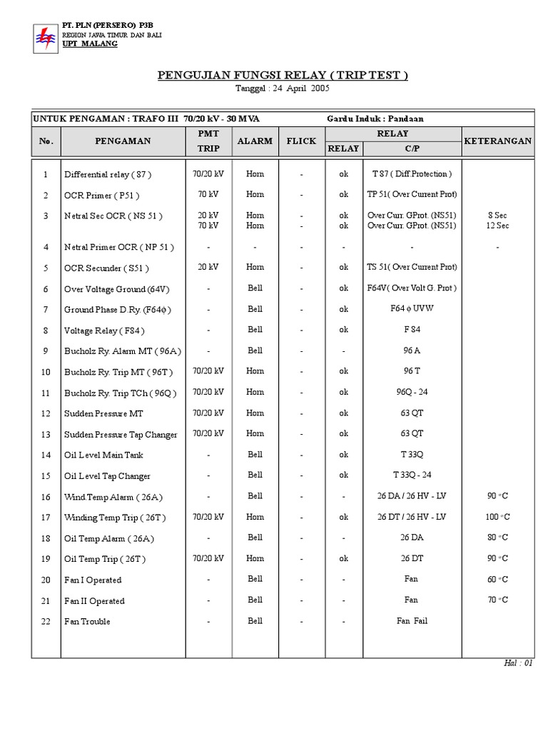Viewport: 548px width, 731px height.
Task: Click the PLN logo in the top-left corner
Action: pyautogui.click(x=45, y=39)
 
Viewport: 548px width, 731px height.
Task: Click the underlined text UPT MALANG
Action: pyautogui.click(x=90, y=44)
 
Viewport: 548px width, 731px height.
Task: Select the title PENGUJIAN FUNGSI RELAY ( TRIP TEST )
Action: pyautogui.click(x=283, y=76)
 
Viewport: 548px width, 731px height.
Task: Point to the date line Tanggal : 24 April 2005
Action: pyautogui.click(x=283, y=89)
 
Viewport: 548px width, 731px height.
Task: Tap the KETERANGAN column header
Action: pyautogui.click(x=497, y=141)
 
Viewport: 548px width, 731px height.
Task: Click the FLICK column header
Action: pyautogui.click(x=301, y=141)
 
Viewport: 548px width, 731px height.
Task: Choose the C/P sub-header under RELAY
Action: pyautogui.click(x=412, y=148)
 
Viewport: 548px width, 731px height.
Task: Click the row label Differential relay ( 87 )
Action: pyautogui.click(x=108, y=174)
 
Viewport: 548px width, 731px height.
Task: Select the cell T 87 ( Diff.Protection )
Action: pyautogui.click(x=412, y=173)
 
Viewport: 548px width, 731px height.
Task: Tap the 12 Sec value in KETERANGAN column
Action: pyautogui.click(x=497, y=226)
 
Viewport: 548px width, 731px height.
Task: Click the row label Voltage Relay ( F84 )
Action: pyautogui.click(x=103, y=331)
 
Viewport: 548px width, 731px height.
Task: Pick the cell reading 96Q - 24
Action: pyautogui.click(x=412, y=392)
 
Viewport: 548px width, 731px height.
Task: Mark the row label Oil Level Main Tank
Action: pyautogui.click(x=104, y=455)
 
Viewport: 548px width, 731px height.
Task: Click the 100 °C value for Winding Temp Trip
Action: pyautogui.click(x=497, y=517)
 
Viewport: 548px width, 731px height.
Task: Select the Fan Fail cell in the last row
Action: pyautogui.click(x=412, y=621)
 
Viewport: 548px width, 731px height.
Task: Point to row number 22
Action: pyautogui.click(x=46, y=622)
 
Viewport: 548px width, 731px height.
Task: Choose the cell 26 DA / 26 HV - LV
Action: pyautogui.click(x=412, y=496)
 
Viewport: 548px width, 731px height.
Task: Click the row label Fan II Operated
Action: pyautogui.click(x=94, y=601)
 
